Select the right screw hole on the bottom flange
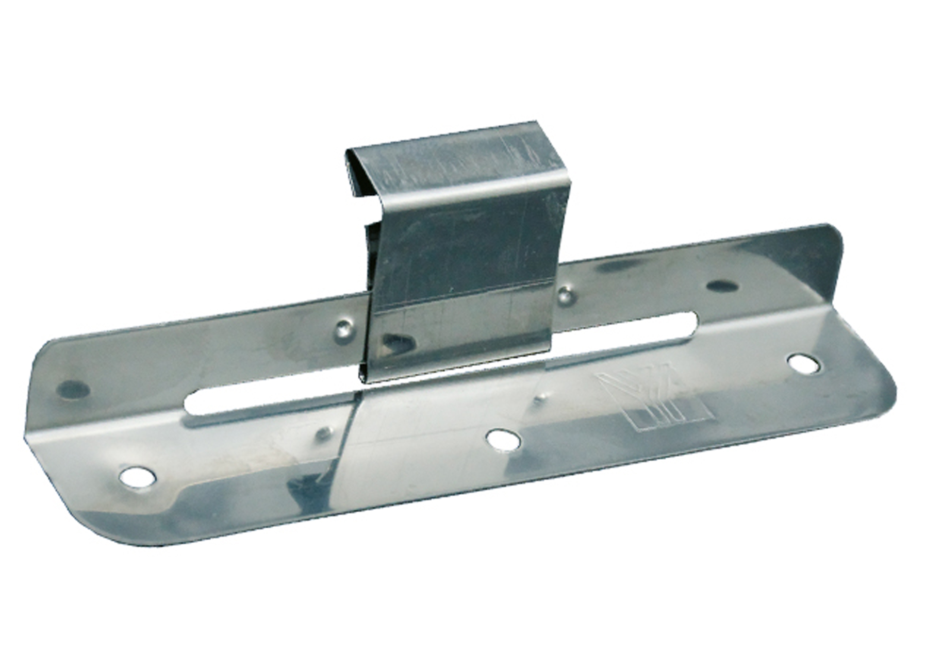coord(805,363)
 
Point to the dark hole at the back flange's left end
coord(73,390)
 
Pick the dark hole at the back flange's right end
coord(722,285)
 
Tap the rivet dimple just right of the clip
coord(565,294)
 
